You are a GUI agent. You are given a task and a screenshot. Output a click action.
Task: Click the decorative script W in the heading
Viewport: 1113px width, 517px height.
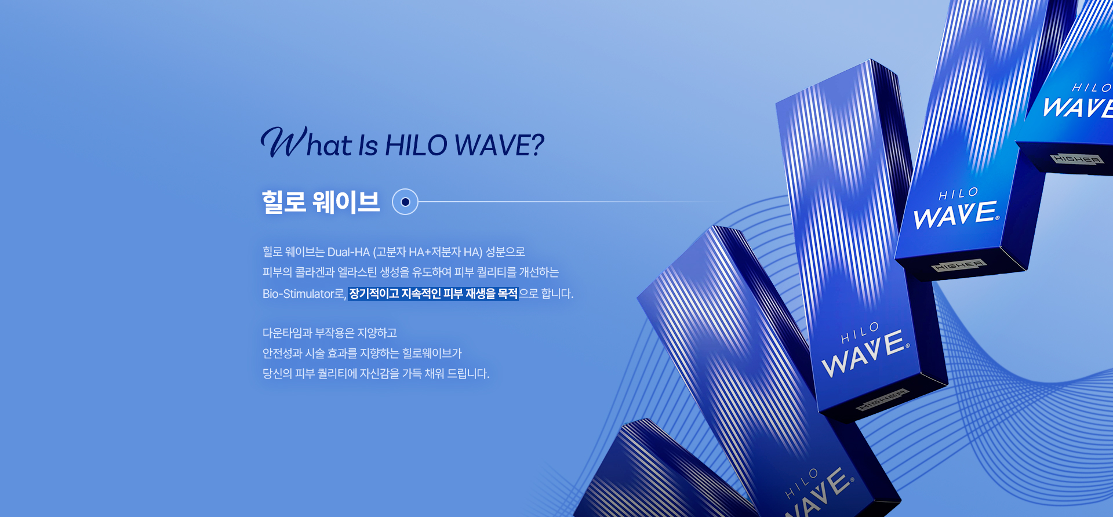coord(283,141)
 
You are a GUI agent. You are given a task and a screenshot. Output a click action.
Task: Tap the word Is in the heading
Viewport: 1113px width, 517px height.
coord(368,145)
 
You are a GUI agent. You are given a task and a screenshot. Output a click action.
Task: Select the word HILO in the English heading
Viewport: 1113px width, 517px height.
coord(416,145)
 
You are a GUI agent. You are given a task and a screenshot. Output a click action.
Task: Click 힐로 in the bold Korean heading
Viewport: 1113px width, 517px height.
coord(284,202)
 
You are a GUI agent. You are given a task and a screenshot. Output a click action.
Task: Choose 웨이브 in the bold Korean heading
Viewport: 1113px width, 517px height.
coord(346,202)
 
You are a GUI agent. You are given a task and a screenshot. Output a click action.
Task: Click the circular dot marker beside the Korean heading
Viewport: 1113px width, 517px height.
coord(405,202)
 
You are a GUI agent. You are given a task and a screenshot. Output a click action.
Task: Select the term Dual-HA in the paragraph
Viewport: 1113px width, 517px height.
coord(348,252)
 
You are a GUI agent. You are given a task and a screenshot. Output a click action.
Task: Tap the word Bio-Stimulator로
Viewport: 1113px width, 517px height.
coord(304,294)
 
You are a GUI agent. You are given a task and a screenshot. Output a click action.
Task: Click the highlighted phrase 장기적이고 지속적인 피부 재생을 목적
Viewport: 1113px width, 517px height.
coord(433,294)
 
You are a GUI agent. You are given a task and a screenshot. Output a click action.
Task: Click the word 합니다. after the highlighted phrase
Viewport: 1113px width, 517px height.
coord(557,294)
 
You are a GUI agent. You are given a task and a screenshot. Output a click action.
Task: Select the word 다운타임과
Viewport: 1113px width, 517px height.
coord(287,333)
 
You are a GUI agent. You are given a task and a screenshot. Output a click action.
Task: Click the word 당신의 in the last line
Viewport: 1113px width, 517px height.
coord(277,374)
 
